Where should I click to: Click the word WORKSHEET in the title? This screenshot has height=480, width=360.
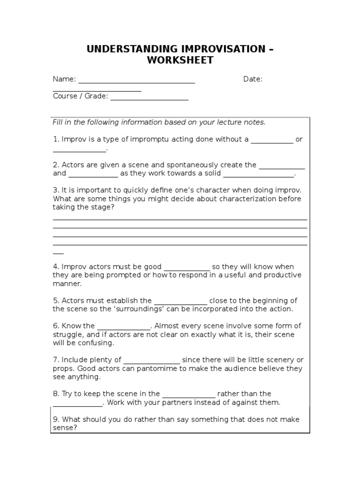[180, 60]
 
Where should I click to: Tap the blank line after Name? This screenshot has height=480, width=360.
[136, 81]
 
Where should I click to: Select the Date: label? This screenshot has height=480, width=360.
[253, 79]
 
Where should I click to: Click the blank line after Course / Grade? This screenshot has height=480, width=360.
[149, 98]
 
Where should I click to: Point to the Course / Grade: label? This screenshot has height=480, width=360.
[80, 96]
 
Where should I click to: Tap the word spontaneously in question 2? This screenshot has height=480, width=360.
[171, 165]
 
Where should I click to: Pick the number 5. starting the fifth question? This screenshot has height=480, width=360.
[56, 300]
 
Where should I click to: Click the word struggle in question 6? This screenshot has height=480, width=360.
[67, 334]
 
